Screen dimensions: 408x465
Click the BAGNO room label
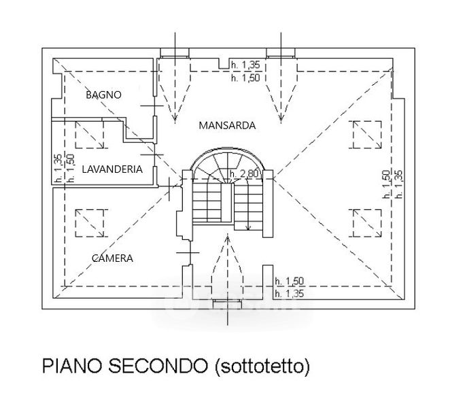[103, 95]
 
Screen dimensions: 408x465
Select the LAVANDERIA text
[111, 169]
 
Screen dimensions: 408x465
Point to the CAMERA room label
[112, 258]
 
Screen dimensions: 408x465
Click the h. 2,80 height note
[244, 175]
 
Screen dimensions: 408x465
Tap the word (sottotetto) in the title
[262, 368]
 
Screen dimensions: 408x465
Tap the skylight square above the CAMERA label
[90, 222]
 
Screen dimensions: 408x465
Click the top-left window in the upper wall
[175, 53]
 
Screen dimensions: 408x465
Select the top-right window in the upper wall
[280, 53]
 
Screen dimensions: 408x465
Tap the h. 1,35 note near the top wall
[245, 65]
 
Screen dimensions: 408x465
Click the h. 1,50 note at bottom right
[289, 281]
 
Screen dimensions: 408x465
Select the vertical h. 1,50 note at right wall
[386, 184]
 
